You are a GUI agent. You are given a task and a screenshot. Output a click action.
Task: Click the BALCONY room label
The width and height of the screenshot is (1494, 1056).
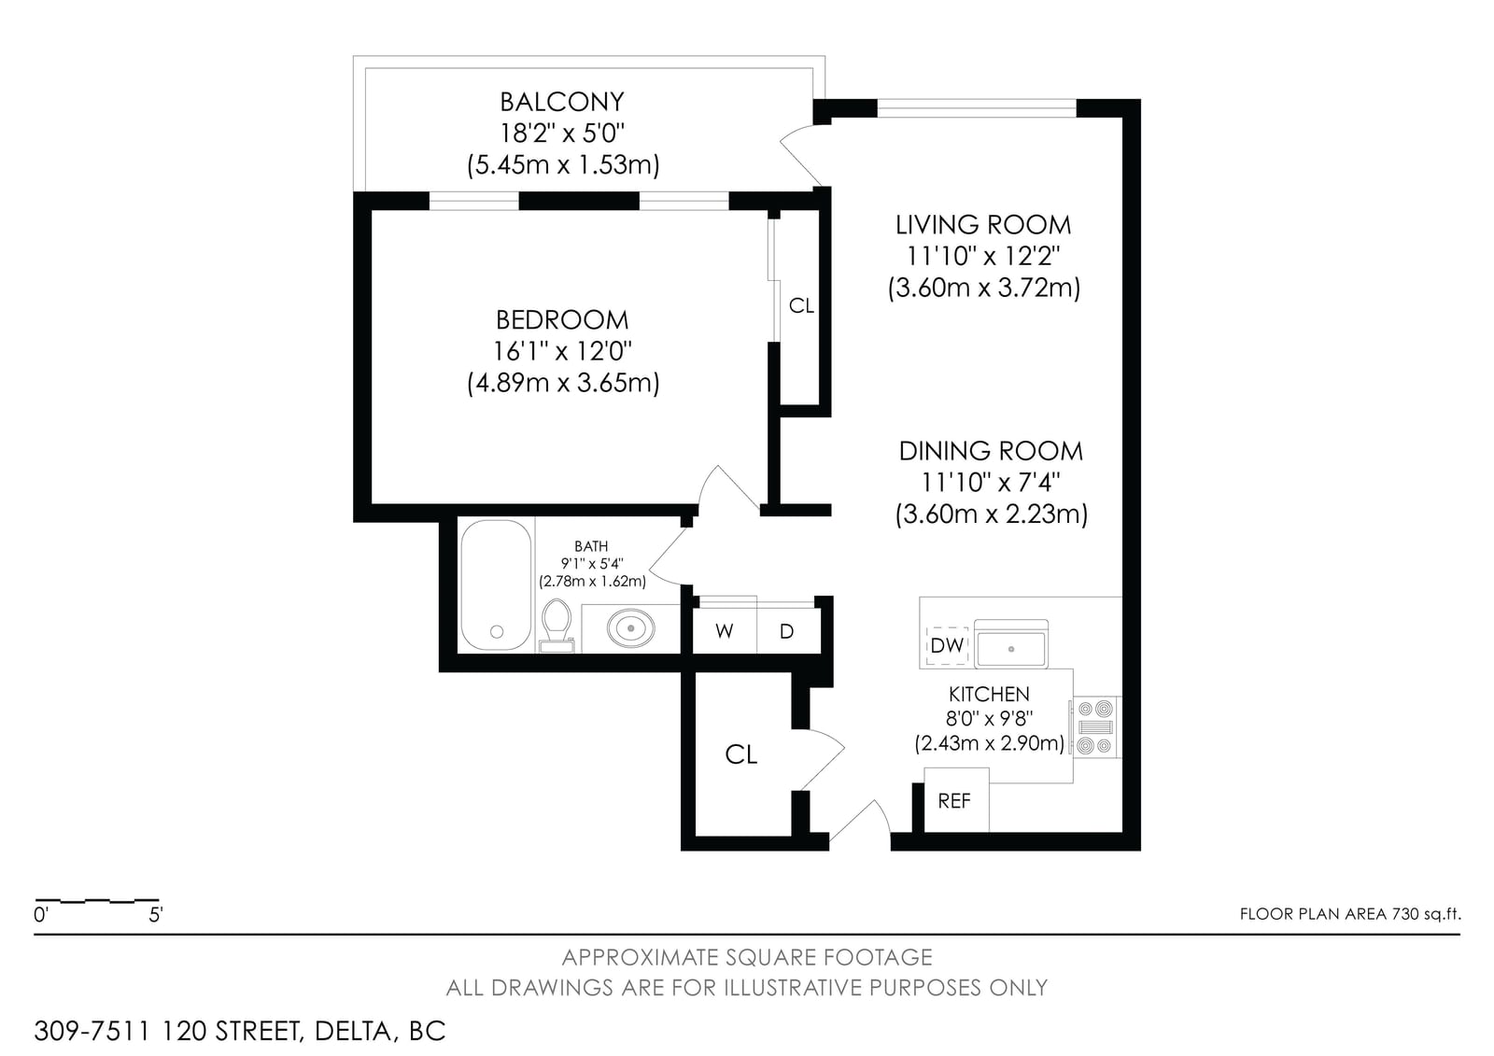coord(561,102)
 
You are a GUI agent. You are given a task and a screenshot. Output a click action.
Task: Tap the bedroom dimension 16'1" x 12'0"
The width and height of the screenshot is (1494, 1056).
coord(562,351)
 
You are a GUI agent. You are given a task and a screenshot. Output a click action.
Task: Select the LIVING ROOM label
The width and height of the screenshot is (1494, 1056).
coord(983,225)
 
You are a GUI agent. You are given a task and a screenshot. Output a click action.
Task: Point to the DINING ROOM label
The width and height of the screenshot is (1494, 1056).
coord(991,451)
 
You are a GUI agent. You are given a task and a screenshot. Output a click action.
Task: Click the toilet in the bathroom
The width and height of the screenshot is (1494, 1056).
coord(557,625)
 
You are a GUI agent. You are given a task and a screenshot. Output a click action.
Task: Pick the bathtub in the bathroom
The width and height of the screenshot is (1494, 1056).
coord(496,585)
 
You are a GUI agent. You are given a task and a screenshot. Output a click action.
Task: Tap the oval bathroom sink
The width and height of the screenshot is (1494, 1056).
coord(630,627)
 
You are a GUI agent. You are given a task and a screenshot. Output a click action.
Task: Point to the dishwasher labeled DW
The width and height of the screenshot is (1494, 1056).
coord(947,645)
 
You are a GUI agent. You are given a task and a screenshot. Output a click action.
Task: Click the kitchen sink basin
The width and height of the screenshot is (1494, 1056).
coord(1011,647)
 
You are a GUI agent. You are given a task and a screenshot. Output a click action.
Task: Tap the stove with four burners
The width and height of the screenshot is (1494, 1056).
coord(1096,727)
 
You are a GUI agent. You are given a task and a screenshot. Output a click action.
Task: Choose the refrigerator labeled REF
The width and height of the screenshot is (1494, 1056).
coord(955,800)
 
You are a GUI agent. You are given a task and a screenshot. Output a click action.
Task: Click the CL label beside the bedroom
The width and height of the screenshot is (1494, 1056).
coord(801,305)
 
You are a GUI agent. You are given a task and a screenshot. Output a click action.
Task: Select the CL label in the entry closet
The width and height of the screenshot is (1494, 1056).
coord(741,755)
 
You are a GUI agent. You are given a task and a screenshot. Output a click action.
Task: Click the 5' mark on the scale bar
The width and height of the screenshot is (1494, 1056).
coord(156,915)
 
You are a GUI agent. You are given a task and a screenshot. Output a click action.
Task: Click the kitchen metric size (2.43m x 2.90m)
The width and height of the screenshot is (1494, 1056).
coord(989,743)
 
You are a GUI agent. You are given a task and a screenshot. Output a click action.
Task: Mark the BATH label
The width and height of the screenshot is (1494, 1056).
coord(591,546)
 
